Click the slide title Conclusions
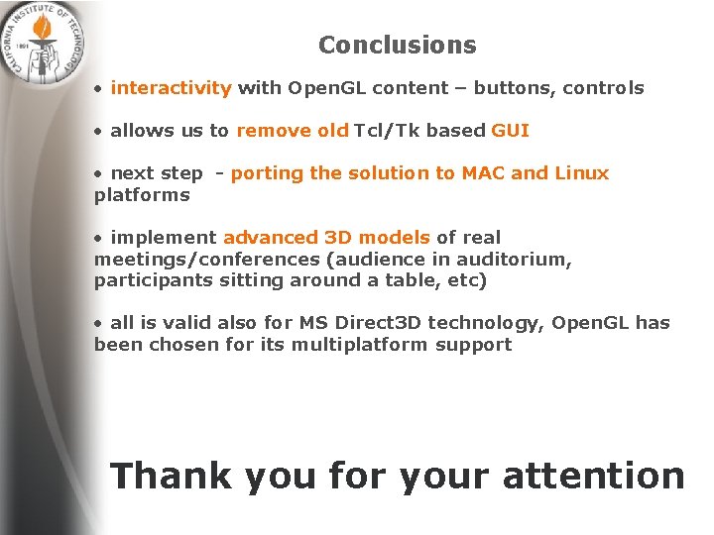tap(397, 46)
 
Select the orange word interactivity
tap(171, 88)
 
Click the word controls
tap(604, 88)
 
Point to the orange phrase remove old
tap(293, 131)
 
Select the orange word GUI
tap(510, 131)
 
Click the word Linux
tap(581, 173)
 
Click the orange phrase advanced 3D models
tap(326, 238)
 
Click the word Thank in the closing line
tap(172, 476)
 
